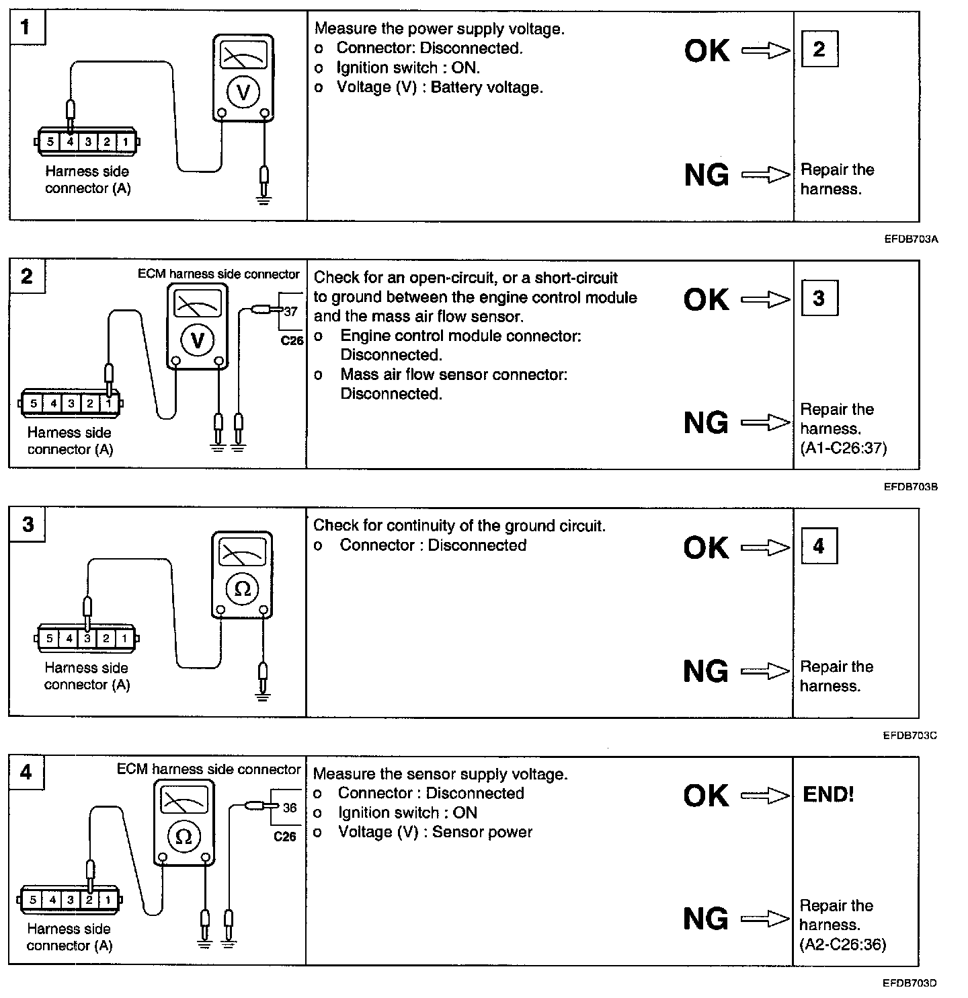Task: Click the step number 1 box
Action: (26, 28)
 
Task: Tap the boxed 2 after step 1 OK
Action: (819, 49)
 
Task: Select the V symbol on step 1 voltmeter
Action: (243, 92)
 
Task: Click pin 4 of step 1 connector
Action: (69, 142)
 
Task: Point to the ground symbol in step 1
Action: (264, 199)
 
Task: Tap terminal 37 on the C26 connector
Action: (290, 312)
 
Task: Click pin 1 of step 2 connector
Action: (108, 404)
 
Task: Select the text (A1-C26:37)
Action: (843, 448)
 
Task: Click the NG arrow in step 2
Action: (766, 422)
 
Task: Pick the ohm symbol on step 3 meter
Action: (243, 589)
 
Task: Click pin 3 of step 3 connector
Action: (87, 638)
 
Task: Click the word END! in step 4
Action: (828, 795)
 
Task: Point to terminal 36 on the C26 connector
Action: (290, 808)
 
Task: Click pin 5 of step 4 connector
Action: (32, 899)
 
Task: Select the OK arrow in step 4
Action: (766, 796)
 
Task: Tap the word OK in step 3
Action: (706, 547)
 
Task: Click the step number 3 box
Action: (27, 525)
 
